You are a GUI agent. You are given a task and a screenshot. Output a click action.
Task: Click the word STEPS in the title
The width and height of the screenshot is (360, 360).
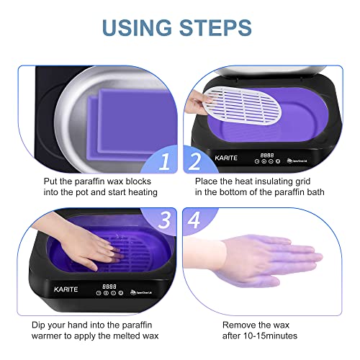pos(215,28)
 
